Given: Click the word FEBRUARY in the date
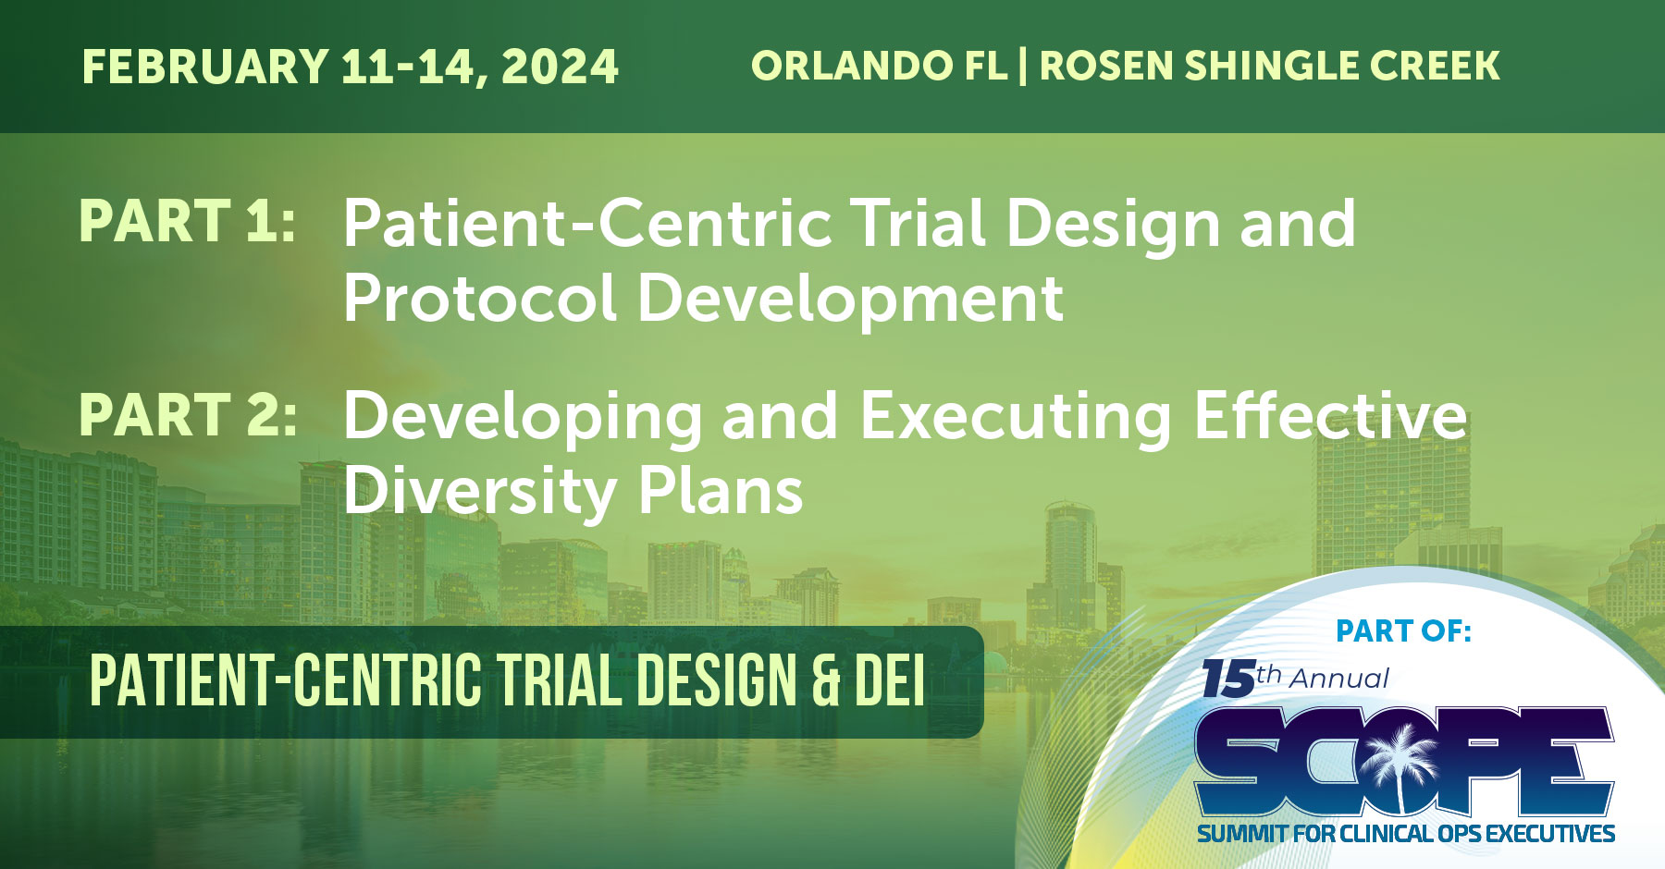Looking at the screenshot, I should click(205, 67).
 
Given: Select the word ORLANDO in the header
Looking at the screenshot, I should click(852, 66).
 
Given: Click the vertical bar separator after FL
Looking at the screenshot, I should click(1023, 66).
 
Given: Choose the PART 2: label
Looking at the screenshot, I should click(188, 415).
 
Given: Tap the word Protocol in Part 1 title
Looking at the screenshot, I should click(480, 298).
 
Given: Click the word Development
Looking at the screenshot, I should click(850, 298).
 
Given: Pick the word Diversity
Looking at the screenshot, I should click(480, 491).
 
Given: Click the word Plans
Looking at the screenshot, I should click(721, 491).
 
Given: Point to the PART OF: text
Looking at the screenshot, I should click(1403, 631).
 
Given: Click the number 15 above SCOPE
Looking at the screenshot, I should click(1227, 679).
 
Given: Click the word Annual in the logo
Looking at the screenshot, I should click(1339, 679).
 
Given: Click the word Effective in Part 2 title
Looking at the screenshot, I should click(1330, 415).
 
